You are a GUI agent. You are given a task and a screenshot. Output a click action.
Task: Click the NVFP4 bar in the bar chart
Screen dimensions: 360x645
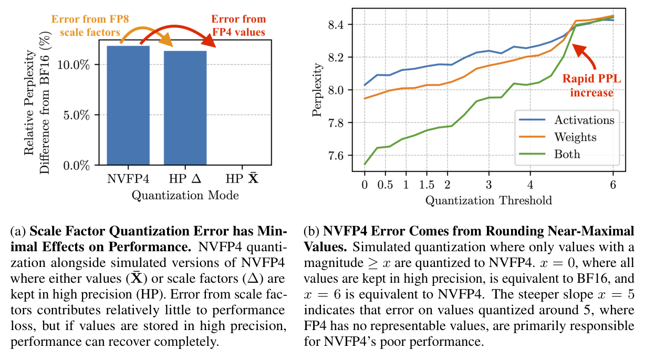point(128,105)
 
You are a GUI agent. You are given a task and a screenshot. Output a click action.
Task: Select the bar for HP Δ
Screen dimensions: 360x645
point(185,108)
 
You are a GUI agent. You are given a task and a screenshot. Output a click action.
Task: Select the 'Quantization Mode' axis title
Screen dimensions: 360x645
point(185,196)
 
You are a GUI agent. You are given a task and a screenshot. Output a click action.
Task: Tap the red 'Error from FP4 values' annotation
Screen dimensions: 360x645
point(239,25)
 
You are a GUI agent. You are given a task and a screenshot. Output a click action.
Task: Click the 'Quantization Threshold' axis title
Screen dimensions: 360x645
point(488,200)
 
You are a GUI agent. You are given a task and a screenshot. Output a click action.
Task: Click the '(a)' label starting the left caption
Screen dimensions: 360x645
point(18,231)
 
